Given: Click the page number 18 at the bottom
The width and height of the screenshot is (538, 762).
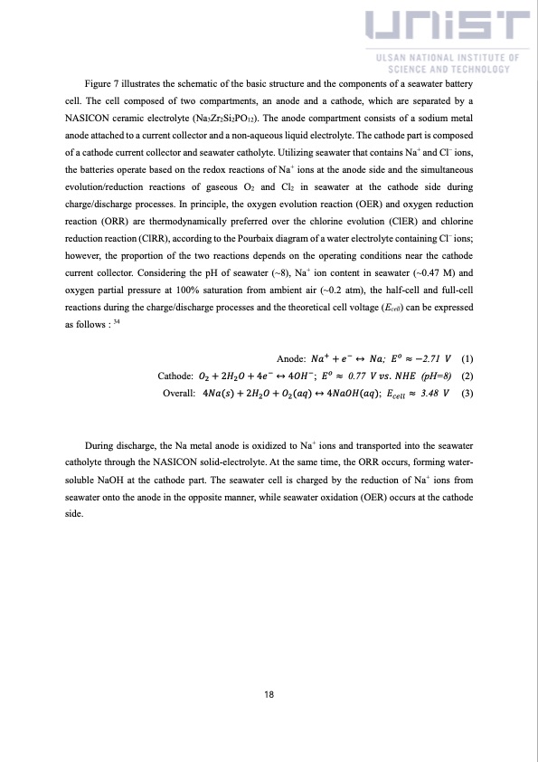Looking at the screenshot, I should tap(269, 695).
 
